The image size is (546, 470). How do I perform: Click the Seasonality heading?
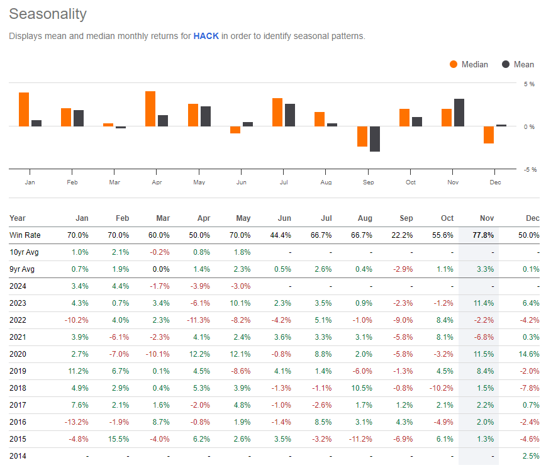point(48,14)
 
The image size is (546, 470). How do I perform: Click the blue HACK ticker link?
point(206,36)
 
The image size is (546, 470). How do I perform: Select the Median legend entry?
point(469,64)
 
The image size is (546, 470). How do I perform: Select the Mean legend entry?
point(518,64)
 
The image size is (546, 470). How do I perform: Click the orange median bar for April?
point(150,109)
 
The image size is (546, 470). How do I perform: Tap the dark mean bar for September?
point(375,139)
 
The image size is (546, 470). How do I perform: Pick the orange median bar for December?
point(489,135)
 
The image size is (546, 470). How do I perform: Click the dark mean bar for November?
point(459,113)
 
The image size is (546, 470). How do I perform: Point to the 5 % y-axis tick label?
point(530,84)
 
